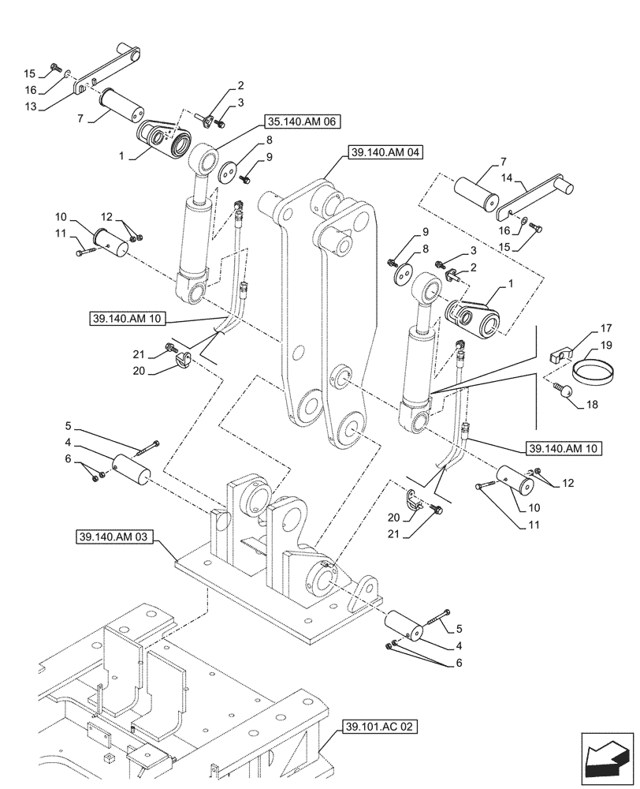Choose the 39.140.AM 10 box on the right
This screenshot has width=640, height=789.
[x=564, y=448]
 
